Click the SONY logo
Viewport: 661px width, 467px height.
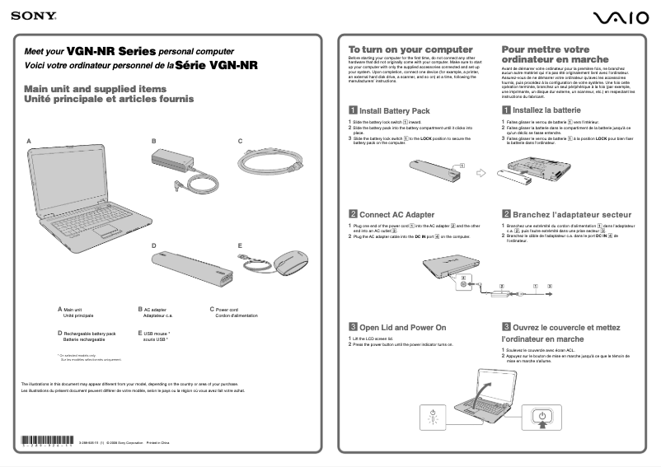click(27, 15)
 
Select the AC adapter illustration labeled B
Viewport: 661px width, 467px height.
click(182, 168)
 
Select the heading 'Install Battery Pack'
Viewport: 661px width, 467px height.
click(395, 110)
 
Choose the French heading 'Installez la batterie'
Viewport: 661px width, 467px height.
click(546, 110)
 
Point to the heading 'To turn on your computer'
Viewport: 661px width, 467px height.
click(410, 50)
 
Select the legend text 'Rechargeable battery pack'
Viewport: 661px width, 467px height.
click(90, 334)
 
